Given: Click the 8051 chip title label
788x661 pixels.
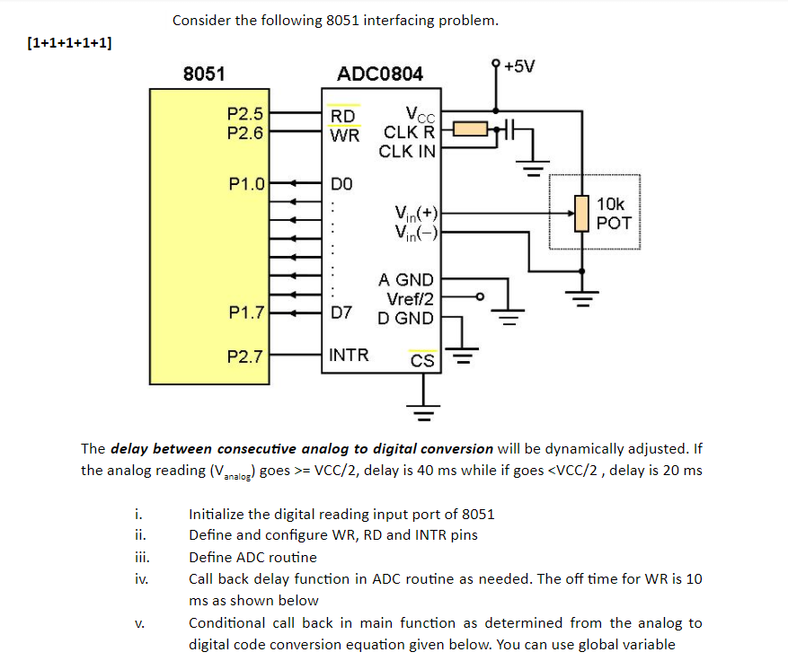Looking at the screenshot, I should click(204, 74).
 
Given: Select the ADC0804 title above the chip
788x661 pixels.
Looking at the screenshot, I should click(379, 74).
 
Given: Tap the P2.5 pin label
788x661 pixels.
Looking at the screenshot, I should click(244, 114).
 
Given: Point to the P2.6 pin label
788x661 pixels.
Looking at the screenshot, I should click(244, 133).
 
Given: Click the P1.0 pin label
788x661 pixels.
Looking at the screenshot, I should click(246, 184).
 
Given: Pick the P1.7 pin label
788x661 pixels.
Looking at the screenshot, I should click(246, 313).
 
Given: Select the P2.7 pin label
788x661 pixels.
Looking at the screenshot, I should click(244, 356).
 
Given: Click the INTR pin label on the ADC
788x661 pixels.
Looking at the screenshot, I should click(349, 355).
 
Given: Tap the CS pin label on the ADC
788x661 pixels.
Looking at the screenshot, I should click(421, 361).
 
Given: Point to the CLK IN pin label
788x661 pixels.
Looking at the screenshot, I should click(407, 151).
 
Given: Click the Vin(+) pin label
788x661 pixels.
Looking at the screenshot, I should click(416, 214).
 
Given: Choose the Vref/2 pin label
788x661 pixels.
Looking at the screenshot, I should click(410, 299).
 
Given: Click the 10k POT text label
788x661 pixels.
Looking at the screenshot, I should click(615, 214).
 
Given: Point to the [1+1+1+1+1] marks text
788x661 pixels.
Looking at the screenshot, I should click(70, 42).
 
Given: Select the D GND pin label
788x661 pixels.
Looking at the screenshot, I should click(405, 318).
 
